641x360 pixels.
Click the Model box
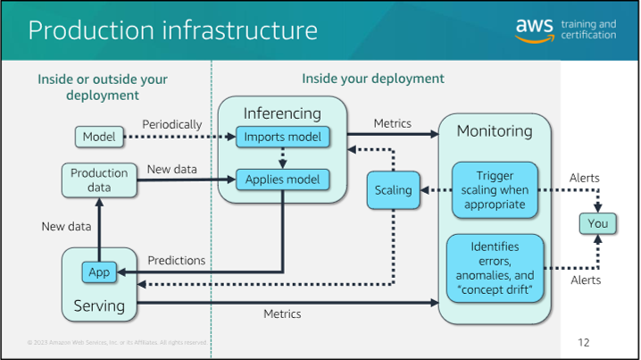[99, 137]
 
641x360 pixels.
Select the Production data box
[99, 180]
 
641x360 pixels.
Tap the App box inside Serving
[97, 272]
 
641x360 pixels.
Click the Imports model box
[283, 137]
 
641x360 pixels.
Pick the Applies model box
[283, 180]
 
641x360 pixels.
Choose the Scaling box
[393, 189]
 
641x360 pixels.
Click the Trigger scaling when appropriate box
[495, 189]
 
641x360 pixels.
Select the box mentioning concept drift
[495, 267]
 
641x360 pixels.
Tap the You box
[597, 224]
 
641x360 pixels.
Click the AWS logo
[536, 29]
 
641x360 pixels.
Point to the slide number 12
[584, 342]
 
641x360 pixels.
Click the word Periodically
[172, 124]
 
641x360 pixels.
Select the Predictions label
[177, 260]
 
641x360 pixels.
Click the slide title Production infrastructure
[173, 30]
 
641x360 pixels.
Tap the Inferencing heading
[282, 113]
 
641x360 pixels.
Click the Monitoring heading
[495, 131]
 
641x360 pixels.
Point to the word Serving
[99, 306]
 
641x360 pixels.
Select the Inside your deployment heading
[372, 79]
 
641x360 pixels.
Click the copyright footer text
[117, 342]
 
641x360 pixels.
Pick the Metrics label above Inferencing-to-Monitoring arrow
[392, 123]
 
